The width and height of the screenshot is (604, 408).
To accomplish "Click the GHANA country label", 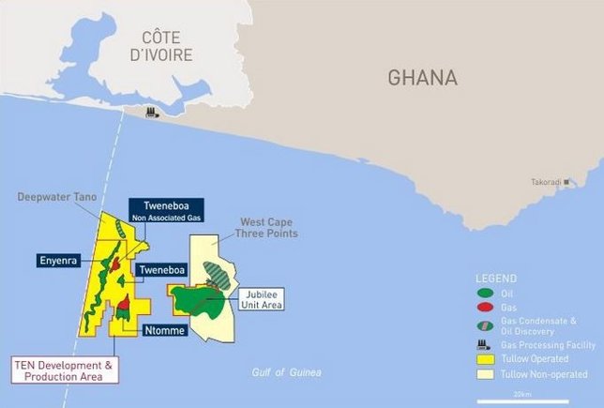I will point(422,77).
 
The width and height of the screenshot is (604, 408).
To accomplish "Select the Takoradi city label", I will point(546,181).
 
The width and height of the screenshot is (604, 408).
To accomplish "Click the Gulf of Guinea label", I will point(286,373).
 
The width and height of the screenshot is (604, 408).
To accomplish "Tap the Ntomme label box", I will point(164,330).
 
